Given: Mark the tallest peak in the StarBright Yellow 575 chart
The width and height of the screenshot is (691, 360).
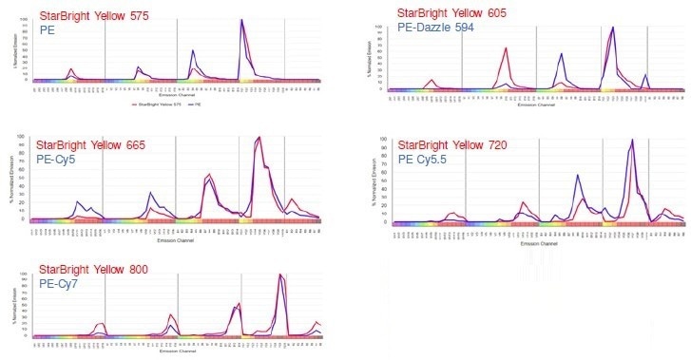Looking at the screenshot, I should (x=241, y=20).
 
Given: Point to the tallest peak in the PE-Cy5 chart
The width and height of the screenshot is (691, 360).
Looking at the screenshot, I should (x=259, y=138).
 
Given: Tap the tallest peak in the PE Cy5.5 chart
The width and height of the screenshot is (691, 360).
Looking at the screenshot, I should (x=632, y=141).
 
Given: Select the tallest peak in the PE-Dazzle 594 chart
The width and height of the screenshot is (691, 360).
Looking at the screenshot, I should (x=613, y=27).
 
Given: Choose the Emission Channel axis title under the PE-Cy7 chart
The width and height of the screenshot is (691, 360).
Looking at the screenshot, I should (x=176, y=352).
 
